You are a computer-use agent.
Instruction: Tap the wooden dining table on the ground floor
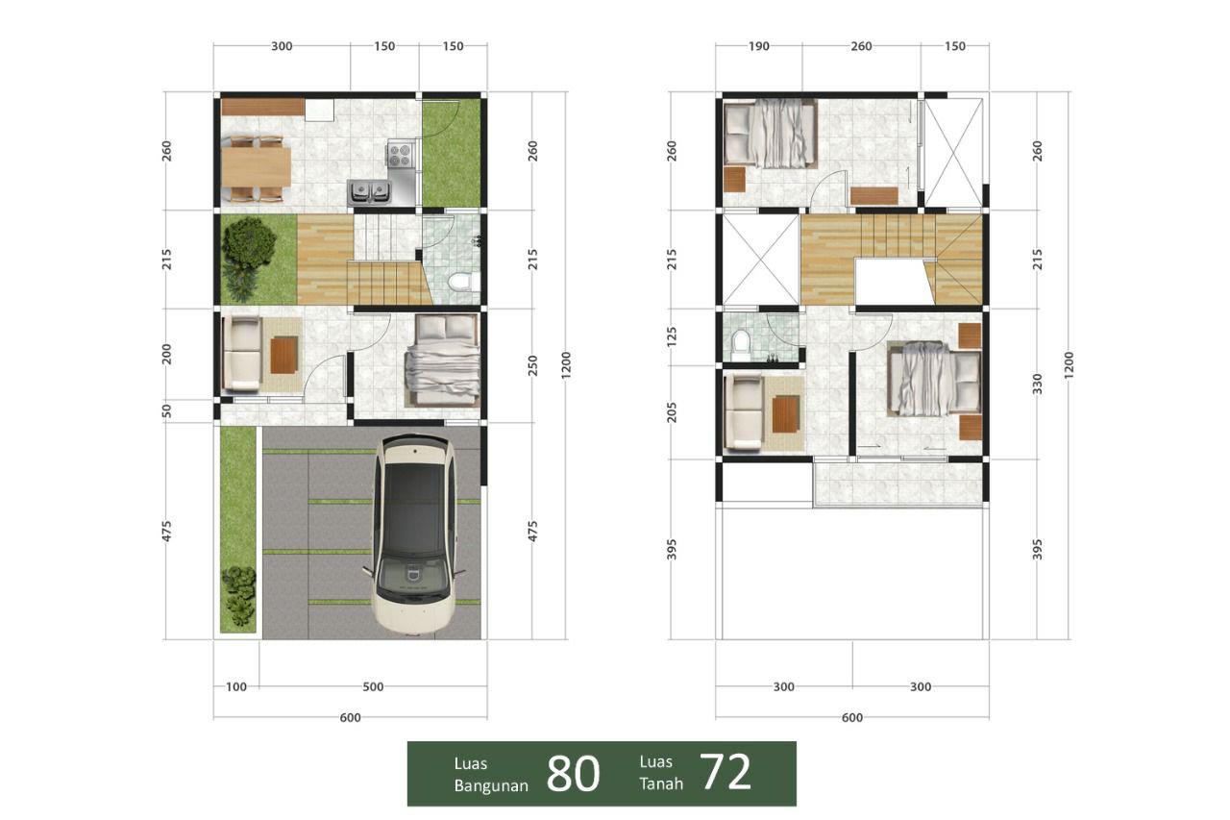[x=256, y=167]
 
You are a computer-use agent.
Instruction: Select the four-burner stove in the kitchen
[x=401, y=154]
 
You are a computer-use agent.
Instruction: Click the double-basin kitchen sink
[x=369, y=193]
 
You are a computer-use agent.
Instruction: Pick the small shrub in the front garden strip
[x=238, y=594]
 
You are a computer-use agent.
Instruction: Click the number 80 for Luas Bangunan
[x=573, y=774]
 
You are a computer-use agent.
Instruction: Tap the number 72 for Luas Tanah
[x=725, y=771]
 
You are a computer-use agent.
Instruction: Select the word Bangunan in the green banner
[x=491, y=785]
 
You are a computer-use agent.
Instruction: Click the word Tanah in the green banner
[x=661, y=783]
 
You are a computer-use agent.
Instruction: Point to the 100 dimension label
[x=236, y=686]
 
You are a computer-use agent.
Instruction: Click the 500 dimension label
[x=373, y=686]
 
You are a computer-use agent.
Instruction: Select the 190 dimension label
[x=759, y=46]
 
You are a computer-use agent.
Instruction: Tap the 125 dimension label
[x=672, y=336]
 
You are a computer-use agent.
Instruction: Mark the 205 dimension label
[x=672, y=411]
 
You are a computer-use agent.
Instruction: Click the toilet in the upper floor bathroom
[x=740, y=344]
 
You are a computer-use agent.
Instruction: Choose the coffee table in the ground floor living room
[x=284, y=356]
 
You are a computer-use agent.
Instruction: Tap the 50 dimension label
[x=166, y=410]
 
